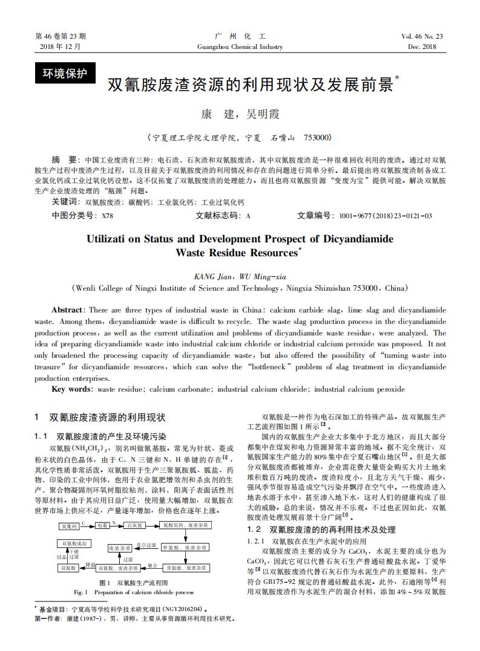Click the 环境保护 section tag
click(x=65, y=74)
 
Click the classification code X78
click(x=107, y=215)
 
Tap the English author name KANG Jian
click(x=214, y=276)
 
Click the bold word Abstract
click(x=67, y=309)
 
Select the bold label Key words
click(x=72, y=389)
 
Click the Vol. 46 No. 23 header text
click(x=422, y=36)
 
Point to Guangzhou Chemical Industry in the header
click(x=240, y=47)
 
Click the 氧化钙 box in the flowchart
click(x=69, y=526)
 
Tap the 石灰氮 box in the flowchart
click(x=134, y=526)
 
